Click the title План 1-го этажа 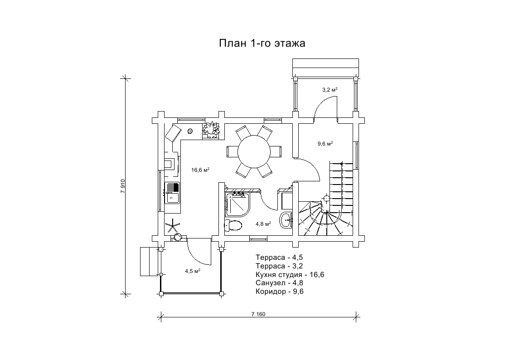[x=262, y=43]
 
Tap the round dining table [x=254, y=151]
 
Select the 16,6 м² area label [x=200, y=170]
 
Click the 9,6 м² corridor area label [x=325, y=143]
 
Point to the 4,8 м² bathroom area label [x=263, y=224]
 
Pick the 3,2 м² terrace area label [x=330, y=90]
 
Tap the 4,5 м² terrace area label [x=193, y=271]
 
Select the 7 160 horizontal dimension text [x=258, y=314]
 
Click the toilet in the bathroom [x=233, y=224]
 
